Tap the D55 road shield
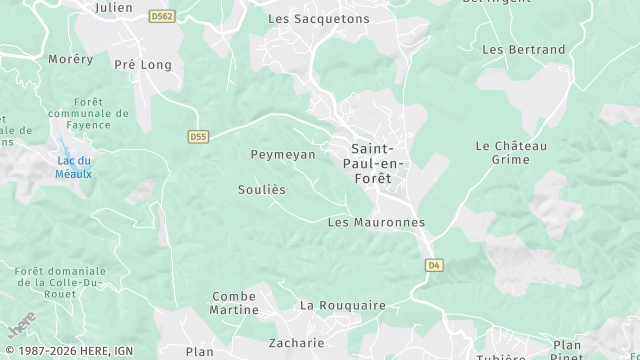coord(197,136)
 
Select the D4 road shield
coord(433,265)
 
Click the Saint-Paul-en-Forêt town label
coord(370,162)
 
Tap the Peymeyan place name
coord(282,154)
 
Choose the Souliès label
coord(262,189)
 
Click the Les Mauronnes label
coord(376,222)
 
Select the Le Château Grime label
coord(511,153)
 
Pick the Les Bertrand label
coord(523,49)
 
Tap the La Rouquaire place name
coord(343,304)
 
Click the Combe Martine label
coord(234,303)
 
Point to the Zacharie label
coord(296,342)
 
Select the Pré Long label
coord(143,64)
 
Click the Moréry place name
coord(71,59)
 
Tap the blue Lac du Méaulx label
coord(74,167)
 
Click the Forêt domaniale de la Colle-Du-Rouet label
coord(61,284)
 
